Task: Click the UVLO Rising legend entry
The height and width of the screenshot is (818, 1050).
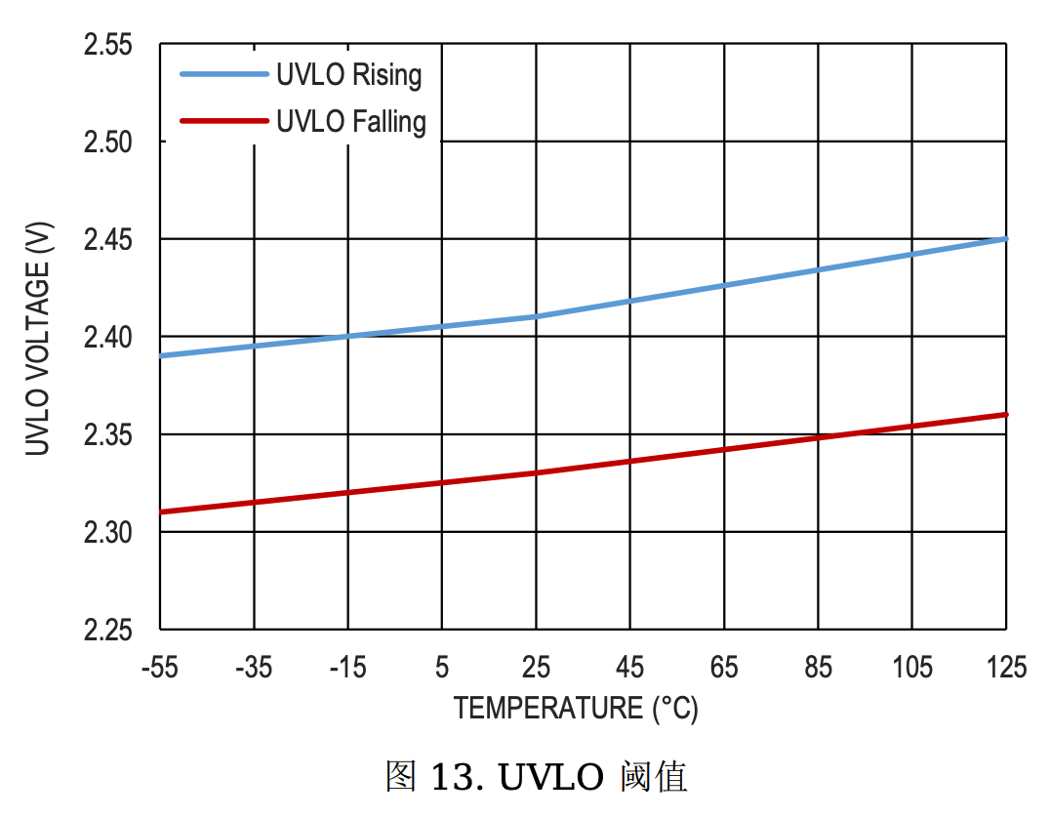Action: tap(348, 75)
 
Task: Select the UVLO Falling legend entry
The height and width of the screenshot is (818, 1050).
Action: tap(351, 122)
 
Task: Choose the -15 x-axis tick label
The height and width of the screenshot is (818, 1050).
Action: tap(347, 668)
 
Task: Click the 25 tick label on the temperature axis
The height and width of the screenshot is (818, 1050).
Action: tap(536, 668)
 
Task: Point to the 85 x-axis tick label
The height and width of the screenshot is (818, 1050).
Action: tap(819, 668)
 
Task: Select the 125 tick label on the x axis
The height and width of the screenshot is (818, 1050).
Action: tap(1006, 668)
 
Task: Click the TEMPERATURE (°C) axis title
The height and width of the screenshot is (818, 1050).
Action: tap(576, 708)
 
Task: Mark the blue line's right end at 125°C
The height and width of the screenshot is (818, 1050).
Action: tap(1005, 239)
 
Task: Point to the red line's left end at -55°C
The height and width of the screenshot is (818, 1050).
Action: tap(161, 511)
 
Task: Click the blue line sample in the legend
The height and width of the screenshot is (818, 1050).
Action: tap(223, 75)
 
